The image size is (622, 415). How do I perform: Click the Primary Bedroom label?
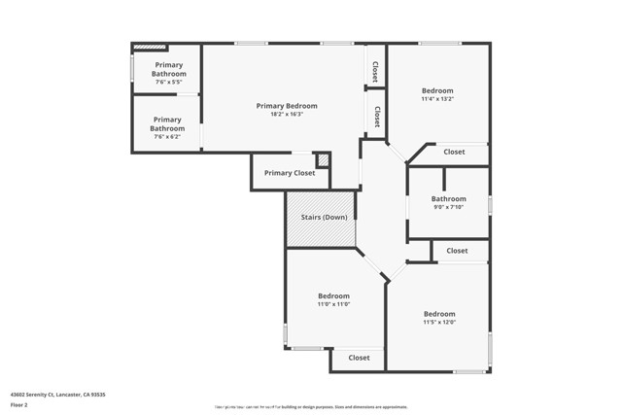(x=287, y=106)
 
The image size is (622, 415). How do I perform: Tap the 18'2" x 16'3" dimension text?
(x=287, y=115)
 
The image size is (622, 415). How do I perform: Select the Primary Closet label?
(x=290, y=173)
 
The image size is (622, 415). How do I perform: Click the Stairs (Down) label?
(x=321, y=217)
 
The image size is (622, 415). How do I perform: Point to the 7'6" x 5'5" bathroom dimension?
(x=167, y=83)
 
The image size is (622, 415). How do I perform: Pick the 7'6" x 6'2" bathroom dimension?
(x=167, y=137)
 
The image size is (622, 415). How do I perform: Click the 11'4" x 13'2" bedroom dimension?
(x=437, y=99)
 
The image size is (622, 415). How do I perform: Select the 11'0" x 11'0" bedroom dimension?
(x=333, y=305)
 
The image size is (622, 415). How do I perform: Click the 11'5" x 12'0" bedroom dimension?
(x=439, y=323)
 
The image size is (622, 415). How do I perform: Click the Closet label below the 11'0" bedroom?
(x=359, y=358)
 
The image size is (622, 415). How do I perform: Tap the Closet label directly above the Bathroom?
(x=454, y=152)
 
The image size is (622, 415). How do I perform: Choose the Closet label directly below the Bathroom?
(x=457, y=251)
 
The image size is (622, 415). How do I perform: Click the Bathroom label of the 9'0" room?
(x=449, y=199)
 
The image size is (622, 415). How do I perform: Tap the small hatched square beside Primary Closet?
(x=324, y=159)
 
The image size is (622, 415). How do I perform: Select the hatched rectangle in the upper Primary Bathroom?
(x=150, y=46)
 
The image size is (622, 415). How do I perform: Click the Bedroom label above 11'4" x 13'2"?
(x=437, y=90)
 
